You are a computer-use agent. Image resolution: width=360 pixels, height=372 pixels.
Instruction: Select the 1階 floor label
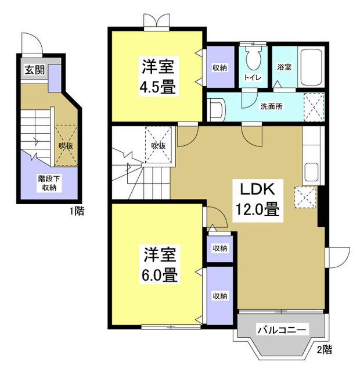click(x=77, y=212)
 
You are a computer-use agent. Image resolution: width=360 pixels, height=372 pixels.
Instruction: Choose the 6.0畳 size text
click(x=158, y=274)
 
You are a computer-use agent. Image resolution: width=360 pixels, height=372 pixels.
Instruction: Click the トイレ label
click(x=252, y=77)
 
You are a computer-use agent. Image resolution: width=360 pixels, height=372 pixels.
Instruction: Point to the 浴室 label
click(x=284, y=67)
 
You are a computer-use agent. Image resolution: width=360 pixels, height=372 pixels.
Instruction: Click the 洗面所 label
click(x=271, y=107)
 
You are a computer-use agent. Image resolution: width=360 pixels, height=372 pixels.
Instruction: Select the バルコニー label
click(x=282, y=330)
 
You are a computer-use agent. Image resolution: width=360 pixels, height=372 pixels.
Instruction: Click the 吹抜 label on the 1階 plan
click(x=65, y=145)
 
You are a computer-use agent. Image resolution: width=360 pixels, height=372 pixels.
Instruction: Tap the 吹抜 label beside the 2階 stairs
click(x=158, y=145)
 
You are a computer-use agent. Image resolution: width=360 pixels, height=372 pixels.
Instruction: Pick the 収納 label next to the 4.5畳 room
click(x=219, y=68)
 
